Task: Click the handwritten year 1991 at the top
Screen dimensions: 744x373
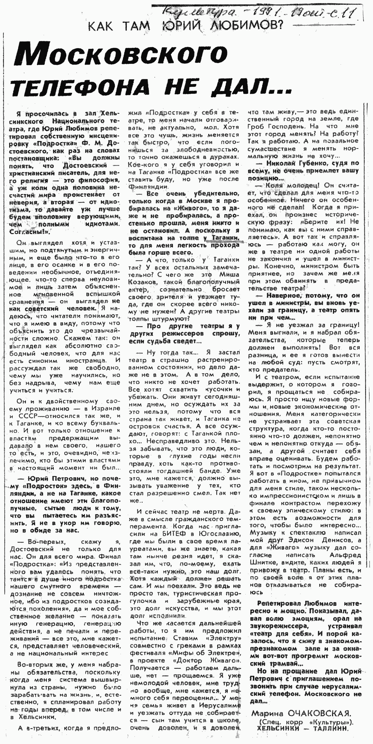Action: click(266, 13)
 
